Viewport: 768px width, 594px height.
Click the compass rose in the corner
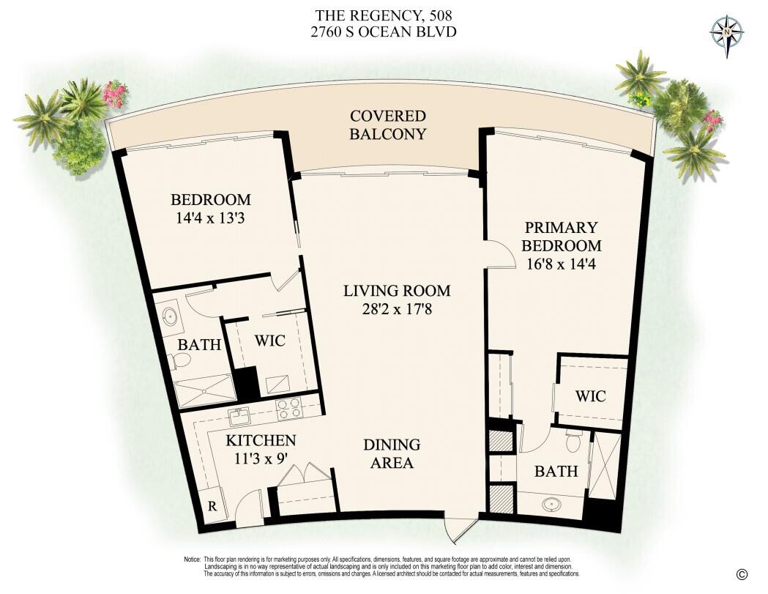click(x=726, y=33)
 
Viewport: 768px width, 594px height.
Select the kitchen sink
click(x=239, y=416)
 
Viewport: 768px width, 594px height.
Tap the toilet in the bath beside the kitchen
click(x=180, y=360)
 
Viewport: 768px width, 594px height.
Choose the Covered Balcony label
click(x=387, y=125)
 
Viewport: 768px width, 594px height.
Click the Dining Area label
click(x=392, y=453)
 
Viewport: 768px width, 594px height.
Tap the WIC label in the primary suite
click(x=590, y=396)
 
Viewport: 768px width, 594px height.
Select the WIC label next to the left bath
click(x=269, y=341)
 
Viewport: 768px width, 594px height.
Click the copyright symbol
click(x=742, y=574)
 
